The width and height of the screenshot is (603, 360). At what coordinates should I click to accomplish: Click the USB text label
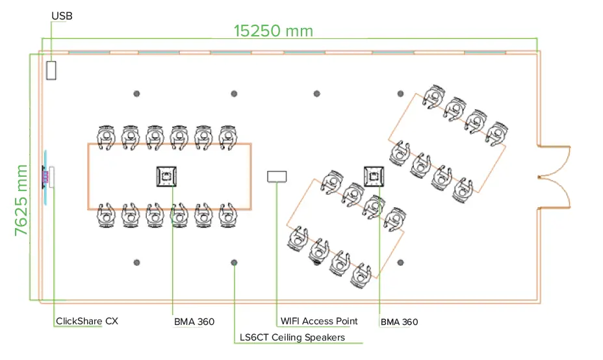point(62,16)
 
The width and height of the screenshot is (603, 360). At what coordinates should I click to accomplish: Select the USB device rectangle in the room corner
point(51,70)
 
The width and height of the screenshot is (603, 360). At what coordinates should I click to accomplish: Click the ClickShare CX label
point(87,321)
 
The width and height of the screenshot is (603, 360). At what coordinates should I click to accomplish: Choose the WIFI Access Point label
point(318,321)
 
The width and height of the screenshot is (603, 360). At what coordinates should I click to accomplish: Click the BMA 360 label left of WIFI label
point(194,322)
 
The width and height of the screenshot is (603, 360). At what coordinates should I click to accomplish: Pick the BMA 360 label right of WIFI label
point(399,322)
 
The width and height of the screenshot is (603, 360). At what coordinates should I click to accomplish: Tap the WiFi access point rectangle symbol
point(277,176)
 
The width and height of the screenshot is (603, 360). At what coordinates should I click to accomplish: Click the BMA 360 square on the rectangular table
point(168,176)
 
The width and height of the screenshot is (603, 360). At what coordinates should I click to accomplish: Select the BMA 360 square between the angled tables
point(376,175)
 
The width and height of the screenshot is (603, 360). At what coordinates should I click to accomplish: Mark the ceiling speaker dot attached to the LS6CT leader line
point(234,263)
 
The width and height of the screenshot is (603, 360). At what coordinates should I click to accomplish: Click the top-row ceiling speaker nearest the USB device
point(136,94)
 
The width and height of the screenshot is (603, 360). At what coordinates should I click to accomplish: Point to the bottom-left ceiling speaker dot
point(136,263)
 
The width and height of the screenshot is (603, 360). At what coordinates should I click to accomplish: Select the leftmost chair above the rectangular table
point(106,136)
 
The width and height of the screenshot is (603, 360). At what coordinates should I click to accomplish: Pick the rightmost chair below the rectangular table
point(227,214)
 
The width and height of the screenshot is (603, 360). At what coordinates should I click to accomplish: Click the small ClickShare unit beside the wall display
point(52,177)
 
